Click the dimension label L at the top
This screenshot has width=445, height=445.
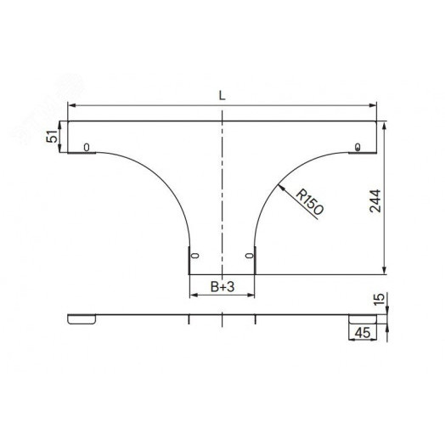222,96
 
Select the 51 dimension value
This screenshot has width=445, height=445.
52,137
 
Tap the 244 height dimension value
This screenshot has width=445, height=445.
375,201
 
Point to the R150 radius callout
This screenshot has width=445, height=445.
309,202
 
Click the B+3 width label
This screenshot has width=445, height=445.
222,287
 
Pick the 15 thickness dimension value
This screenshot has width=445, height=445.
379,300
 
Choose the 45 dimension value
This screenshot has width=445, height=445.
363,333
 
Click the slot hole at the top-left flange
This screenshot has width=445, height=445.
87,147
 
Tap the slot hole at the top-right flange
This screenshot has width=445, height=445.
358,147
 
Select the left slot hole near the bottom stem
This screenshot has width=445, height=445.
195,256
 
